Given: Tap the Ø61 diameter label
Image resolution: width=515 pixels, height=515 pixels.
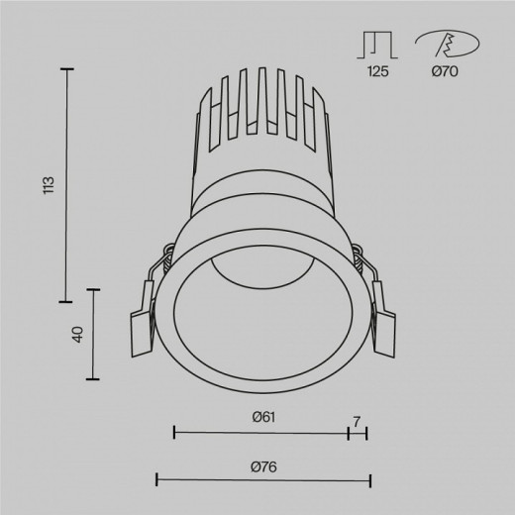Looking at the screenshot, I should (262, 417).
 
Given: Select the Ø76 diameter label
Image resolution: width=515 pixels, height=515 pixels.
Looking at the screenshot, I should (262, 466).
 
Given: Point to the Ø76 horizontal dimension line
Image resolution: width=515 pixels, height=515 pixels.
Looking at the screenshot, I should (262, 481).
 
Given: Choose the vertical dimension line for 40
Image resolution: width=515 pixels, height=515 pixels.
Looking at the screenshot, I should (95, 334).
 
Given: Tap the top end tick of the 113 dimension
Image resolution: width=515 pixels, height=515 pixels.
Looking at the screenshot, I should (68, 69).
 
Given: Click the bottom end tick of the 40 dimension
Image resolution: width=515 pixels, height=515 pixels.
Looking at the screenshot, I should (95, 379).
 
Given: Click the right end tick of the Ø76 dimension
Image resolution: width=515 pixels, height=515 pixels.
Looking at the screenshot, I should (369, 481).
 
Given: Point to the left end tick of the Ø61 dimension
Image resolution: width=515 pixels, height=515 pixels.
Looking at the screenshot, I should (174, 432).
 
